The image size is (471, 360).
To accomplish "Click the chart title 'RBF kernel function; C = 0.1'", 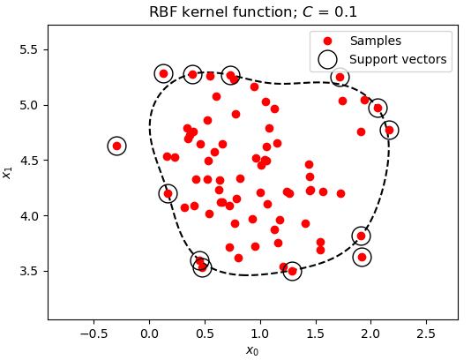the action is tap(253, 12).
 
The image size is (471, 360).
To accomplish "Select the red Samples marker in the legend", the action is tap(327, 41).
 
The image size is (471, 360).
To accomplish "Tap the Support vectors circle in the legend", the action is tap(327, 59).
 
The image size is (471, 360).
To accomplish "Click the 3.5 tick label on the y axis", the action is tap(29, 272).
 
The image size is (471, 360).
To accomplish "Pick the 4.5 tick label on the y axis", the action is tap(29, 161).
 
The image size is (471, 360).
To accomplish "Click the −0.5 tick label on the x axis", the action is tap(93, 334).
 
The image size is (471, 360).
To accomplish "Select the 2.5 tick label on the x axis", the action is tap(426, 334).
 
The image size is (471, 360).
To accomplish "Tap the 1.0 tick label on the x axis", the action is tap(260, 334).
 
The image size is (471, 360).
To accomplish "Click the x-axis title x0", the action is tap(252, 350).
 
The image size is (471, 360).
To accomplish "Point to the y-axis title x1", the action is tap(6, 173).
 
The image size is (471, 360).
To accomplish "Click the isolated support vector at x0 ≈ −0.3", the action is tap(116, 146).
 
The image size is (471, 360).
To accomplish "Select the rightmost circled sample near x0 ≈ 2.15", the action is tap(389, 130).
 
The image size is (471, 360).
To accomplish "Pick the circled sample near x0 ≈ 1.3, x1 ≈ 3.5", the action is tap(292, 271).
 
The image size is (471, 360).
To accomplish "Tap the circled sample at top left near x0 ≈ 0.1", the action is tap(163, 73).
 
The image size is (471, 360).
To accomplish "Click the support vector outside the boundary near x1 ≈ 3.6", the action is tap(362, 258).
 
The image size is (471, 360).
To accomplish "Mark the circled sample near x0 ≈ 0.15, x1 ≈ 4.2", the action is tap(168, 194).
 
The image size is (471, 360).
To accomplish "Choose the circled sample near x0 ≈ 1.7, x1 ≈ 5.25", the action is tap(340, 78).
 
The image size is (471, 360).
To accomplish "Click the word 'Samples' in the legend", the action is tap(376, 41).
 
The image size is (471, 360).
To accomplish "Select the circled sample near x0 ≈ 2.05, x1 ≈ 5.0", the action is tap(378, 108).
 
